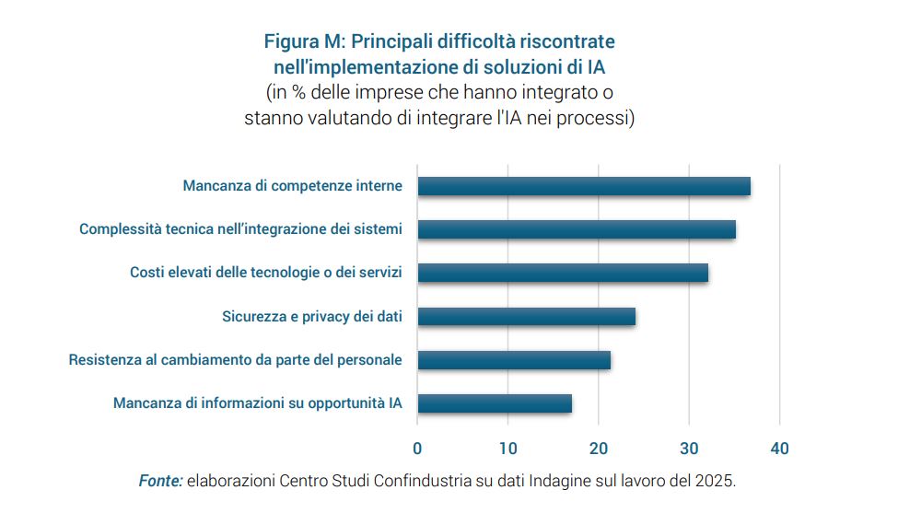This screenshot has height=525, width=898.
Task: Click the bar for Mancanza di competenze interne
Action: [584, 186]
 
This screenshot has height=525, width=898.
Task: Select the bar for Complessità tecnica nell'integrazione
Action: [577, 229]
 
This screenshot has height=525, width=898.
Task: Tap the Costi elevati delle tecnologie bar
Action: [563, 273]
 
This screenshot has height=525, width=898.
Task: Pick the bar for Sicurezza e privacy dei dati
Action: [526, 317]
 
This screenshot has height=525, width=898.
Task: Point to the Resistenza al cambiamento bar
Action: [514, 360]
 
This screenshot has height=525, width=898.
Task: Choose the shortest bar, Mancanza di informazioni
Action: [495, 403]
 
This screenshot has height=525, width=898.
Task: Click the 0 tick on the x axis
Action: [417, 449]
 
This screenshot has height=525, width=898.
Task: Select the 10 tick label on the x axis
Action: [507, 449]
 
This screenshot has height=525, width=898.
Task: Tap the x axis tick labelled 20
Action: [599, 449]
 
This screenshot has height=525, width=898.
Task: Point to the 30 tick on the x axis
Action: [689, 449]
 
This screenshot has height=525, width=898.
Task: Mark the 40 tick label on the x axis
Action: [780, 449]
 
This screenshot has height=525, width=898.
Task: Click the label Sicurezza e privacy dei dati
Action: [312, 317]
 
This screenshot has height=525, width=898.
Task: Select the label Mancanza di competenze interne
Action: [292, 186]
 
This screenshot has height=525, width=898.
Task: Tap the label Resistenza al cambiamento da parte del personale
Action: [235, 360]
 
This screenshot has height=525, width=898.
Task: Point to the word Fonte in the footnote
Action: [160, 481]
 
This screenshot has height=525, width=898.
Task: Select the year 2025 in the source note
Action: [716, 481]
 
